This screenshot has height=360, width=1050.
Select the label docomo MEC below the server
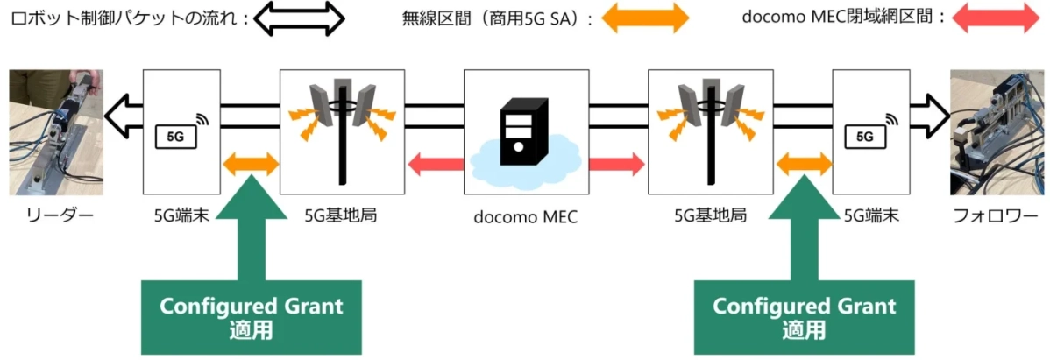click(525, 216)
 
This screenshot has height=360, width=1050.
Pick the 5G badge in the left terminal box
click(175, 136)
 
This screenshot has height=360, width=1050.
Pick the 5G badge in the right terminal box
click(863, 136)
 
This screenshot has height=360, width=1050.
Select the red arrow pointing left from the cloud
click(436, 162)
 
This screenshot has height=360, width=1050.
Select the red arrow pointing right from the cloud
click(617, 162)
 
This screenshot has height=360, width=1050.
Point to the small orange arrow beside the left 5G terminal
click(252, 162)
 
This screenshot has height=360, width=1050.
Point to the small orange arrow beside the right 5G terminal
click(804, 162)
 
